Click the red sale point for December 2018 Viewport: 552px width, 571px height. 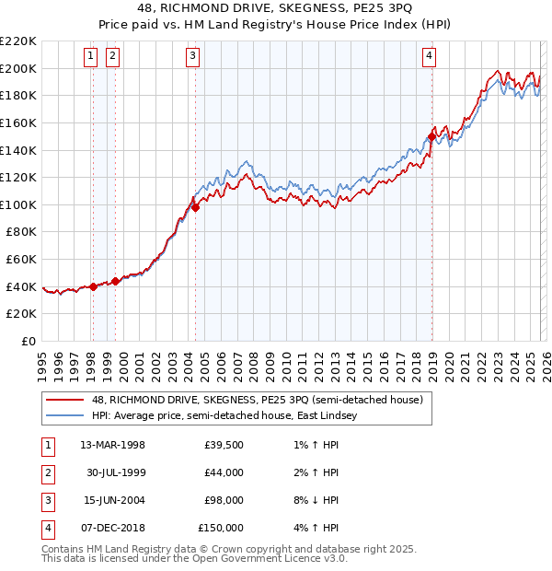431,137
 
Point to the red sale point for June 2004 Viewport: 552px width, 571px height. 195,207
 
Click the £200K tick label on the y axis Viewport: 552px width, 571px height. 18,68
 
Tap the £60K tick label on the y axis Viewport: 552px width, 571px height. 21,260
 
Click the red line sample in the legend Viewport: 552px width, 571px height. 65,401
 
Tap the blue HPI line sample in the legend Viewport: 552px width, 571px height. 65,416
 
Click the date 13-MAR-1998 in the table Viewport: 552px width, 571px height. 112,445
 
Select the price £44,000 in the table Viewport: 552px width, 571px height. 224,472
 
